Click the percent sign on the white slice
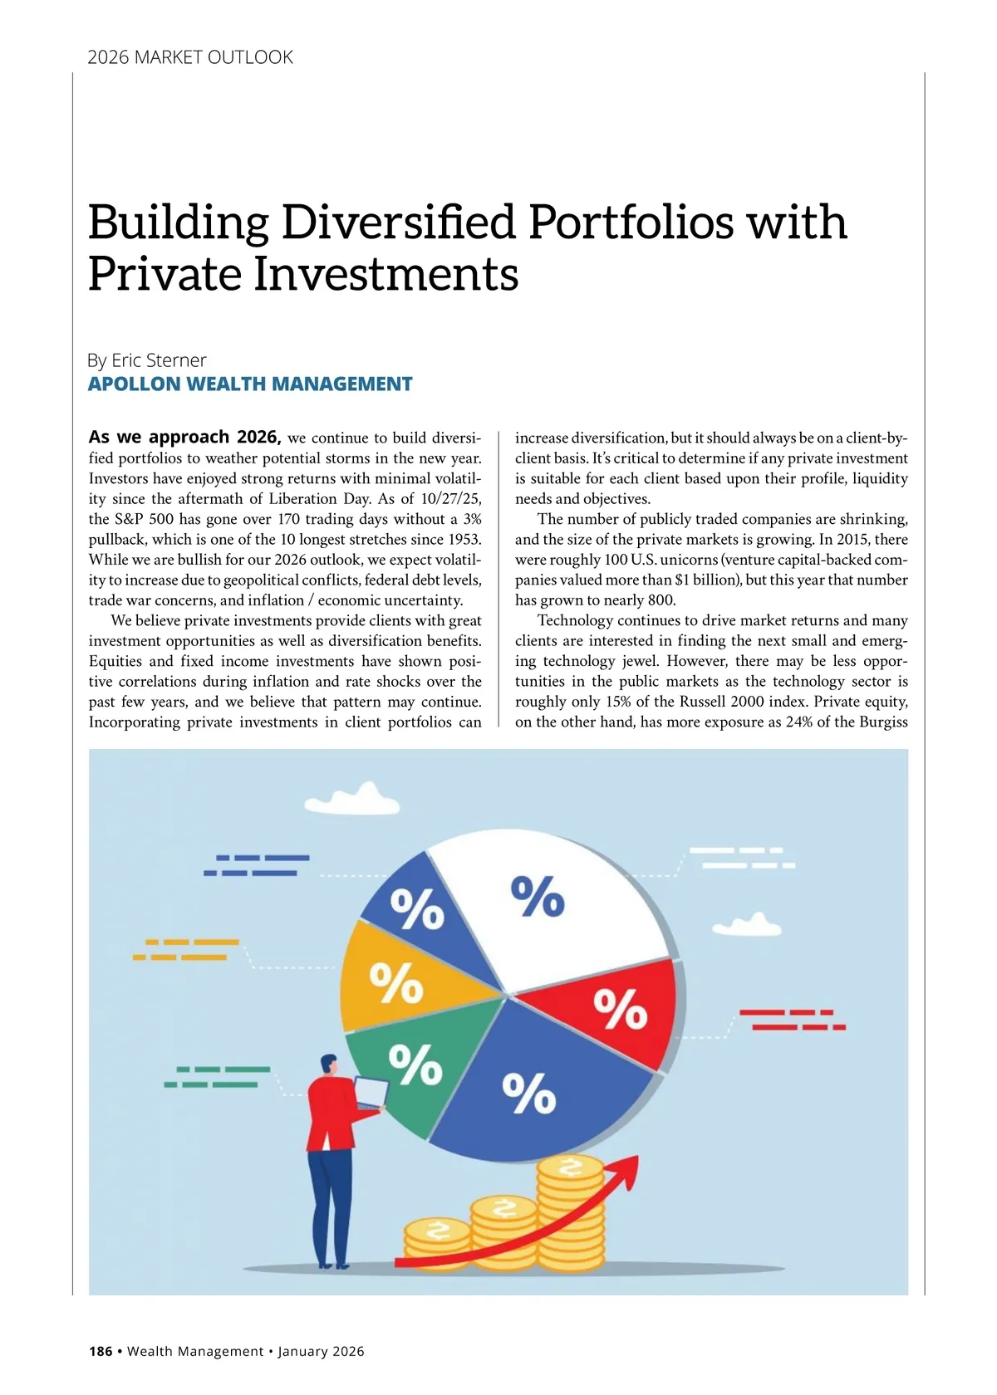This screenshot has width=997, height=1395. coord(538,897)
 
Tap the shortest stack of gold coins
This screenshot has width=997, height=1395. coord(437,1246)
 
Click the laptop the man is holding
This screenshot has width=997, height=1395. coord(371,1092)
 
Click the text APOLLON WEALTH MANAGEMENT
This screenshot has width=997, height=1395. coord(250,384)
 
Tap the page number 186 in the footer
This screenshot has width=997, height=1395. coord(101,1351)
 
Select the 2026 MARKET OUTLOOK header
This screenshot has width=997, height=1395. coord(190,57)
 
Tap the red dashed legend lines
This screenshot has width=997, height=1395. coord(792,1020)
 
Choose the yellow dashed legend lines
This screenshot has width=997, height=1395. coord(186,950)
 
